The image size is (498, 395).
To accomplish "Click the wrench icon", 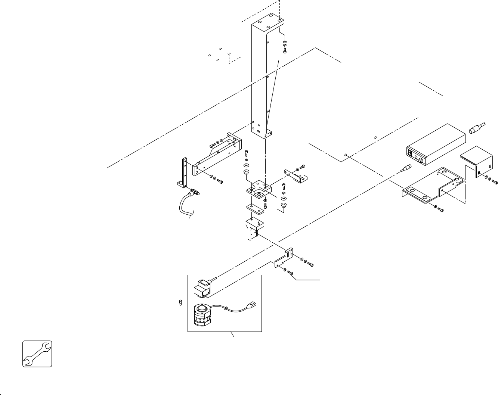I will [x=37, y=354].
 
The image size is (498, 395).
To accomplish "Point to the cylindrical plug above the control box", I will [x=476, y=128].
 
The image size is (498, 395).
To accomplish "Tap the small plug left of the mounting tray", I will [x=405, y=169].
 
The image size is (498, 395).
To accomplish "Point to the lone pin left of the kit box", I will [x=180, y=303].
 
